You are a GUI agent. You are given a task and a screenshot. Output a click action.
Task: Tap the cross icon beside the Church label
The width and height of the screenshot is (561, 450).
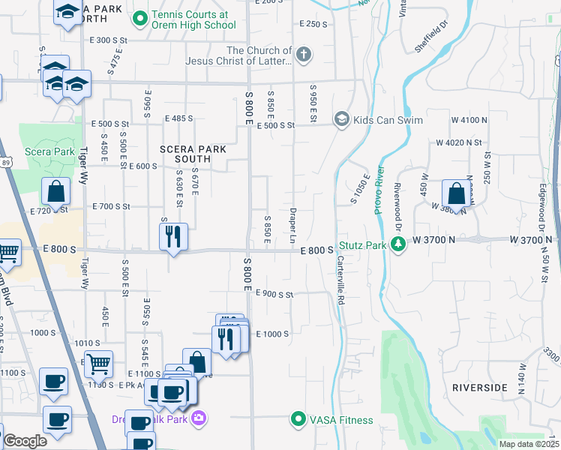tap(302, 54)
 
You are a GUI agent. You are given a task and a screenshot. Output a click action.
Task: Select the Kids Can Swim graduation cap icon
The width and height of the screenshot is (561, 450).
tap(341, 119)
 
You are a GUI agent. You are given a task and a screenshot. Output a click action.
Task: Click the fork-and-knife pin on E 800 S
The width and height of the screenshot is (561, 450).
tap(173, 236)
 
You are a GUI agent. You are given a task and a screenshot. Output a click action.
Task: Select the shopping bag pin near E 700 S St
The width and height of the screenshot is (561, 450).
tap(56, 191)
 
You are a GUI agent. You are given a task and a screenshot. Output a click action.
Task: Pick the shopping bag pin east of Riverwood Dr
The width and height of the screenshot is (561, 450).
tap(455, 193)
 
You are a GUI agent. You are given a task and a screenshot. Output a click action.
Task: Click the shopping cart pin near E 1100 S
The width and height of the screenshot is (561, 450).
tap(98, 364)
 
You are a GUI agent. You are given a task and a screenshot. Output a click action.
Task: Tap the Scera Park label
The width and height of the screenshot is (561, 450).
tap(49, 151)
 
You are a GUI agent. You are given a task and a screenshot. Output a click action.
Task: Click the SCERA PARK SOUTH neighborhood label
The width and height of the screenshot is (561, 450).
tap(193, 154)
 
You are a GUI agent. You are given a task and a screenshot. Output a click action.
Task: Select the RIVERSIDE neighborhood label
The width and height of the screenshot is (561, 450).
tap(479, 387)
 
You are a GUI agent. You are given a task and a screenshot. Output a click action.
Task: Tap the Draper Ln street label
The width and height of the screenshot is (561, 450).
tap(293, 225)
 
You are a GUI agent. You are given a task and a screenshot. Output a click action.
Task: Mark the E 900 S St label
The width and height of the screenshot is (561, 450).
tap(274, 293)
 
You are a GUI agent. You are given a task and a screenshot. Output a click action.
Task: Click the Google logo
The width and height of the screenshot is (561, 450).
tap(25, 440)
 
